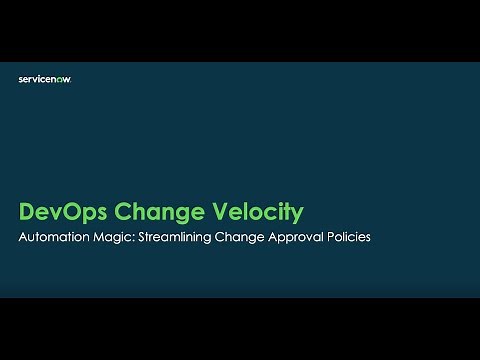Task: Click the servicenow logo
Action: point(44,79)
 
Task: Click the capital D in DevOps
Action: point(28,212)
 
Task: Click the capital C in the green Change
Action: point(124,212)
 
